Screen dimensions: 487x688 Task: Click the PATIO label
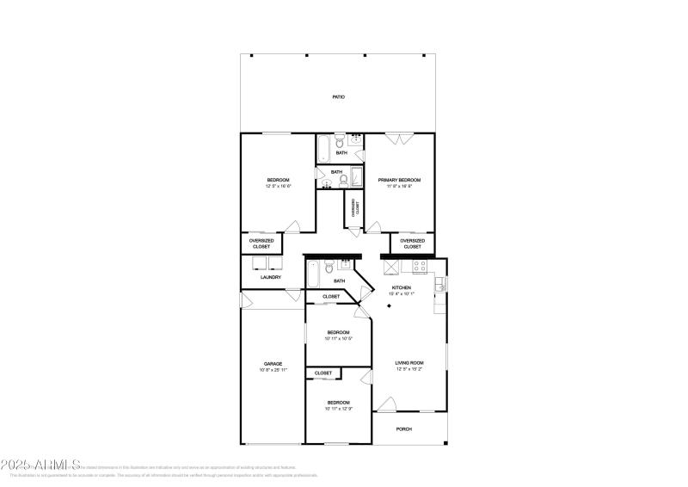pyautogui.click(x=339, y=97)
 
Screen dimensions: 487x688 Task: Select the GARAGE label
pyautogui.click(x=273, y=364)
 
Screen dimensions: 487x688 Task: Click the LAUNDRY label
pyautogui.click(x=272, y=277)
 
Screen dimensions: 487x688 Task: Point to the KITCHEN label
pyautogui.click(x=402, y=287)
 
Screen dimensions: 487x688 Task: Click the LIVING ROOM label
pyautogui.click(x=409, y=363)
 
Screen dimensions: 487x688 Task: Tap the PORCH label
pyautogui.click(x=403, y=428)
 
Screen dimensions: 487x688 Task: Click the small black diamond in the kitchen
pyautogui.click(x=390, y=305)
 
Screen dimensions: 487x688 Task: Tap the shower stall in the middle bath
pyautogui.click(x=355, y=176)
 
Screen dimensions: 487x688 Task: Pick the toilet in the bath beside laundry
pyautogui.click(x=328, y=268)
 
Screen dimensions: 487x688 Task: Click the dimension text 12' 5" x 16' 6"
pyautogui.click(x=278, y=186)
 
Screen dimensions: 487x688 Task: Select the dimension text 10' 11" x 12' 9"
pyautogui.click(x=338, y=409)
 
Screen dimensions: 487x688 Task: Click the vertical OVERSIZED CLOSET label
pyautogui.click(x=354, y=207)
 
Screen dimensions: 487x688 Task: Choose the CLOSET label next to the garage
pyautogui.click(x=323, y=373)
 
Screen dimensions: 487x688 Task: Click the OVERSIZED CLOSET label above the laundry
pyautogui.click(x=261, y=243)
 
